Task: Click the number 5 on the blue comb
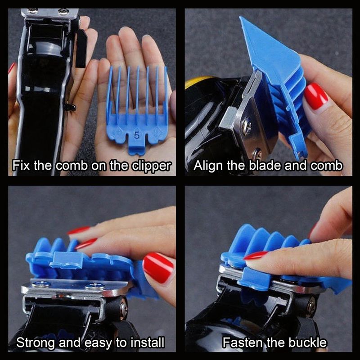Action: (136, 135)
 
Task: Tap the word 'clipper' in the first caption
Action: (152, 165)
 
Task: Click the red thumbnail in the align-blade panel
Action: (316, 96)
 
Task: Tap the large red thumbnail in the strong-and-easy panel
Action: (158, 268)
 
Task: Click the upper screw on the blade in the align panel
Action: (246, 126)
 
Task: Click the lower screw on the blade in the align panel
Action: (256, 153)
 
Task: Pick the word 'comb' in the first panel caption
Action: (72, 165)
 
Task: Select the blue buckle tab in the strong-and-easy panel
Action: (67, 260)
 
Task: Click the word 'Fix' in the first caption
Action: (21, 165)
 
